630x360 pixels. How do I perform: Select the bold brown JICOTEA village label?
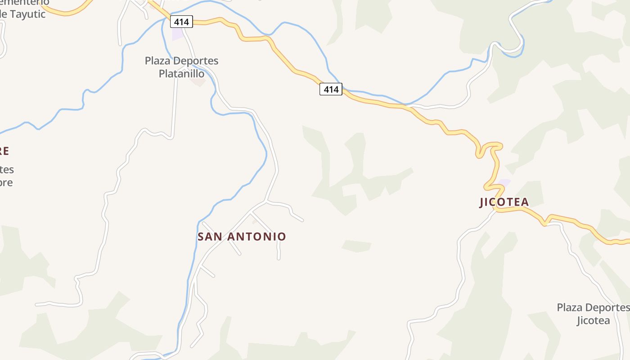tap(504, 202)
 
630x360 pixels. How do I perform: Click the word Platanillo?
tap(181, 73)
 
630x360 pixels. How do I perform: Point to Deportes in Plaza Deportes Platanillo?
tap(196, 61)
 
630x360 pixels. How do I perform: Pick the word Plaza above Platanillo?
tap(157, 61)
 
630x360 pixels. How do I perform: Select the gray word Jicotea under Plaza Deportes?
tap(593, 321)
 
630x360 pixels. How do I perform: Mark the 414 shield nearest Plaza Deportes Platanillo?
tap(182, 21)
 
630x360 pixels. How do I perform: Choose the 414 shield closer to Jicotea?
tap(331, 89)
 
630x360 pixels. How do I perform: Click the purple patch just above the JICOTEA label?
tap(504, 183)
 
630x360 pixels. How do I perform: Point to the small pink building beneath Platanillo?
tap(198, 82)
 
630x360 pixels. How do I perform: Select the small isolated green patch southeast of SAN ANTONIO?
tap(356, 246)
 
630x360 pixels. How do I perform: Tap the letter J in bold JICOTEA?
tap(482, 202)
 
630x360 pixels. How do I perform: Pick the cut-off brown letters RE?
tap(4, 151)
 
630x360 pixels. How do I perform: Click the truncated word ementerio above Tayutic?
tap(25, 3)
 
